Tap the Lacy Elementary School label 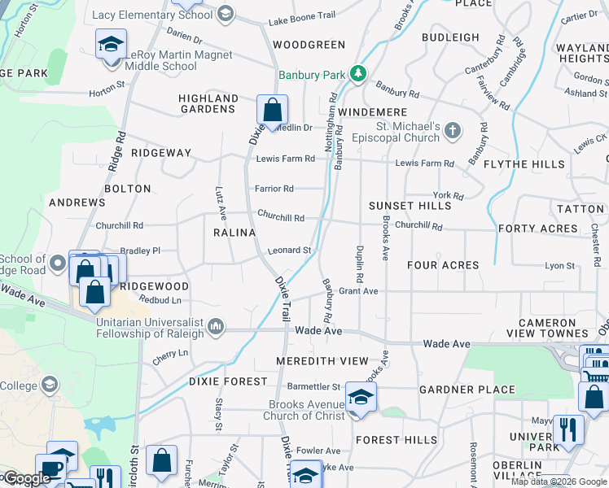(153, 15)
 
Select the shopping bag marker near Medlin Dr (272, 109)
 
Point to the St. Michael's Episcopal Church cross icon (453, 130)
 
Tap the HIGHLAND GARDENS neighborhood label (208, 103)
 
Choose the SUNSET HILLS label (410, 206)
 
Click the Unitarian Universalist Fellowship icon (216, 326)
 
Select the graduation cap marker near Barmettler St (357, 398)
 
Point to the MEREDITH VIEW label (322, 360)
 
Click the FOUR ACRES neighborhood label (443, 265)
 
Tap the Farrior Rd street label (274, 189)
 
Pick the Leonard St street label (290, 251)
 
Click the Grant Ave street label (358, 290)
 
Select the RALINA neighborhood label (230, 232)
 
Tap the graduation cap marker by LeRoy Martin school (111, 44)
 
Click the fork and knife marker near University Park (567, 429)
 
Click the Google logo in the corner (26, 477)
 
